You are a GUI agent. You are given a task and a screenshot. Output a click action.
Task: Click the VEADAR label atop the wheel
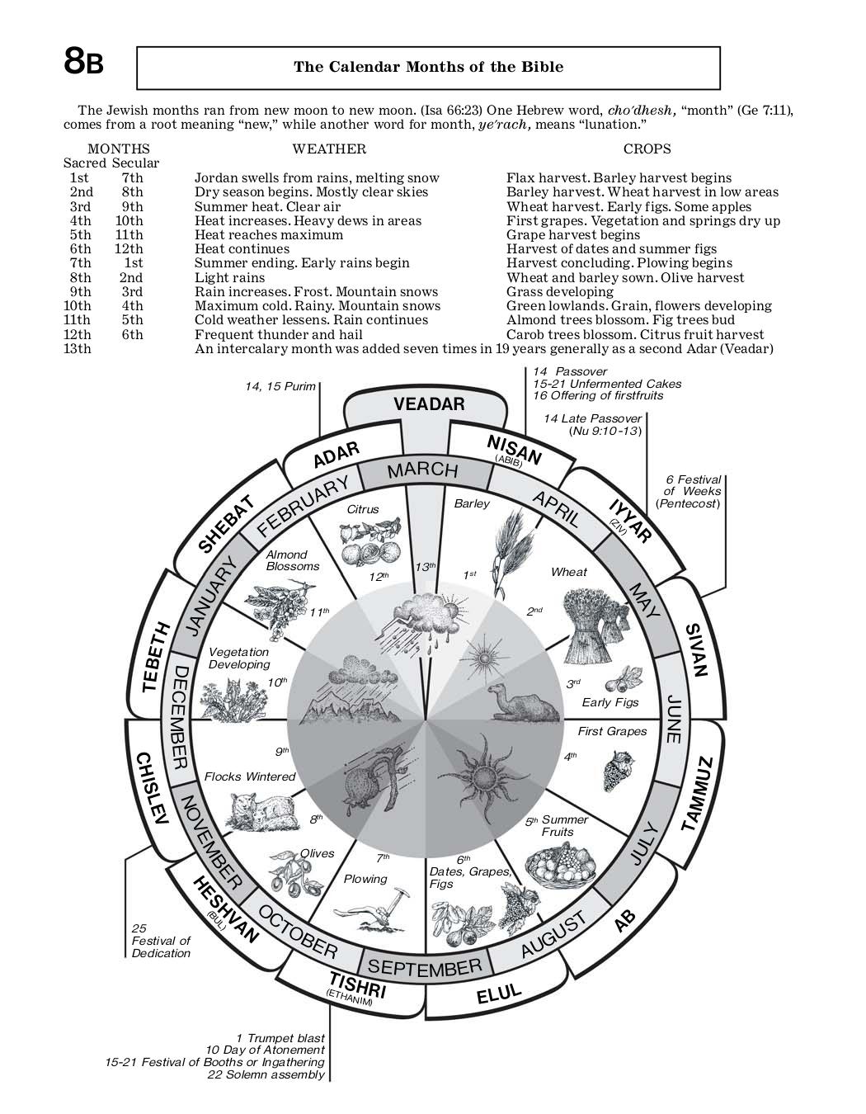(429, 404)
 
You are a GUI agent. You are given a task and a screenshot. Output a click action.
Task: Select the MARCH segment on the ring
(422, 470)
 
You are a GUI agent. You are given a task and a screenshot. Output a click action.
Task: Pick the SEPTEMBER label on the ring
(424, 967)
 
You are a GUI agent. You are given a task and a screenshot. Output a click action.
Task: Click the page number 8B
(83, 63)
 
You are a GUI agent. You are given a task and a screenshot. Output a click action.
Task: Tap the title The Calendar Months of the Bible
(428, 67)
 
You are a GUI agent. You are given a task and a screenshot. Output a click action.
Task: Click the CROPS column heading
(647, 149)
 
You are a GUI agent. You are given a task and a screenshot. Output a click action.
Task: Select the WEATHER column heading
(329, 149)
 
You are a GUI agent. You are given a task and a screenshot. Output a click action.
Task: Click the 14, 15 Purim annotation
(280, 386)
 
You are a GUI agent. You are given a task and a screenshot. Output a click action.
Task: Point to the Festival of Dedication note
(161, 941)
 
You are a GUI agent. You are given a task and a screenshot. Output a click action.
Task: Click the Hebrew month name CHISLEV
(153, 788)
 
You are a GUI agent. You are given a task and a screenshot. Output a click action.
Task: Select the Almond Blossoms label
(292, 560)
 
